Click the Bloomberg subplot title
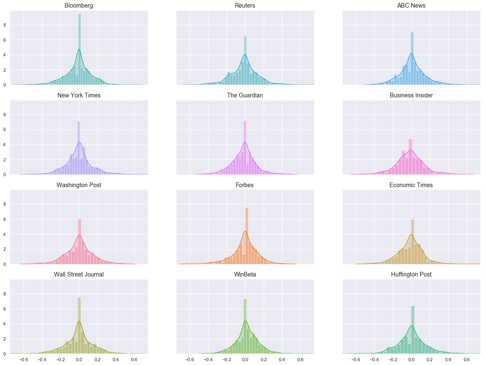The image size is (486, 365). point(79,5)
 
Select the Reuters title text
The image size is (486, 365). point(245,5)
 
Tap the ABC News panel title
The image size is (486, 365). point(411,5)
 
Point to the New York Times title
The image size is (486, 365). point(79,95)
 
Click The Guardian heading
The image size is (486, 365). point(245,95)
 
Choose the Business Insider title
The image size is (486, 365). point(411,95)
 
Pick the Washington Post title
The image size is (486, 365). point(79,185)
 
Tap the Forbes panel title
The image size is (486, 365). point(245,185)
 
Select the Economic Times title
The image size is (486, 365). point(411,185)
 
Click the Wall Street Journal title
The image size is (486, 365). point(79,274)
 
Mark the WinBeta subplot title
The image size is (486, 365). point(245,274)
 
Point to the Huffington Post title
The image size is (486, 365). point(411,274)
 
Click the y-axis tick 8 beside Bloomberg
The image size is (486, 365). point(5,25)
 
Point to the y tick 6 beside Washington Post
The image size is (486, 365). point(5,219)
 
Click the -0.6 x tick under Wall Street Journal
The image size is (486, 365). point(24,360)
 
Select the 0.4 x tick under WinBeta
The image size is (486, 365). point(282,360)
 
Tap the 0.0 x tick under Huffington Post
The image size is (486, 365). point(411,360)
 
